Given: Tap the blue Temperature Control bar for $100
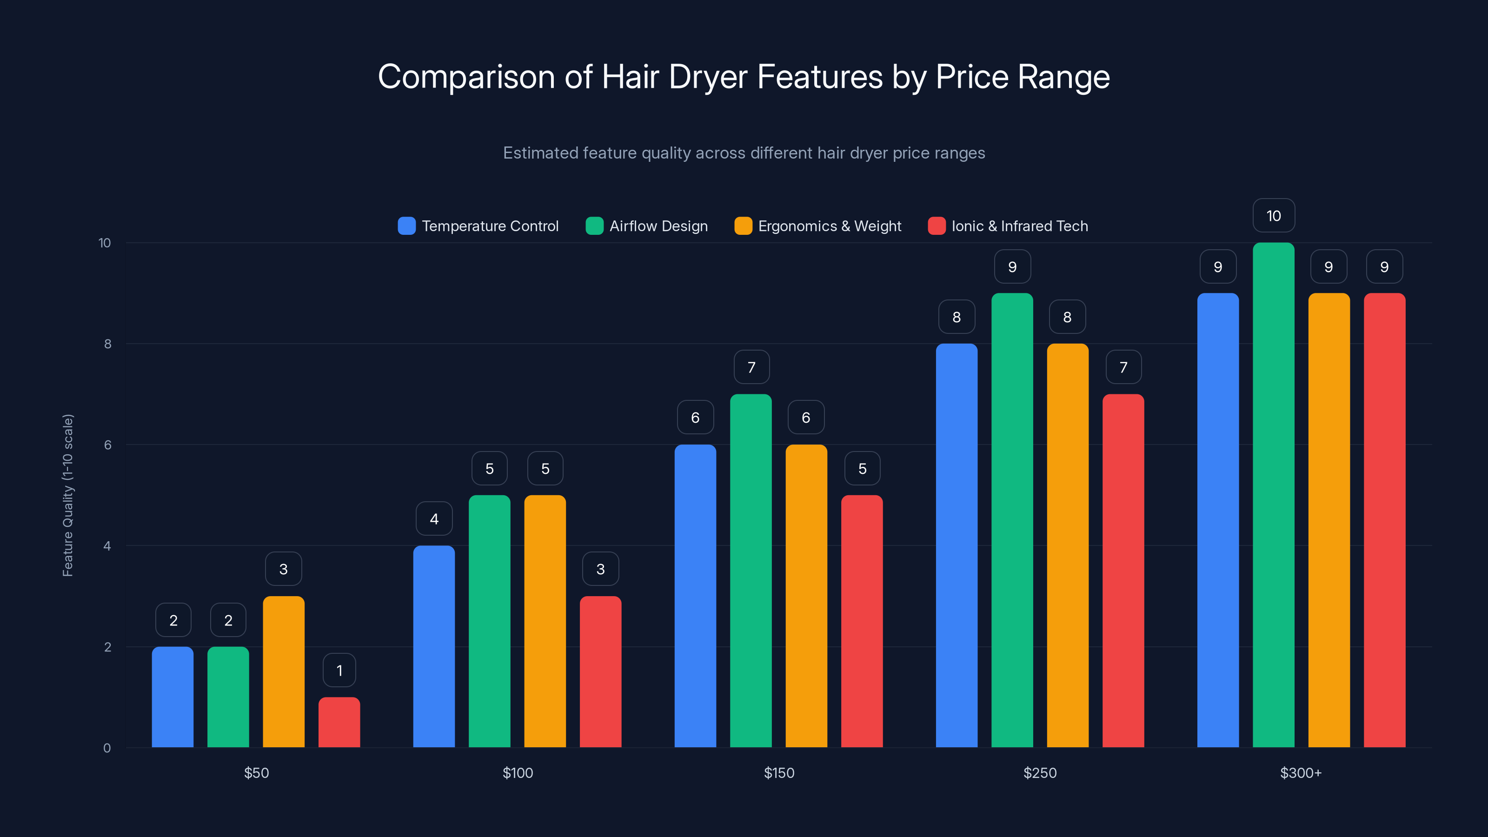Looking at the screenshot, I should (x=434, y=646).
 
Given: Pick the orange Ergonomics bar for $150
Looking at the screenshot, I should (x=806, y=596).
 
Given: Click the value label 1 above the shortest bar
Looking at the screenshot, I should (x=339, y=670).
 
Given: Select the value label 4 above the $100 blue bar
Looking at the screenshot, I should (x=434, y=519).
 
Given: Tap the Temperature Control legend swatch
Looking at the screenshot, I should (x=407, y=226).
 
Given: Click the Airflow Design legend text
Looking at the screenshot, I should (x=658, y=226).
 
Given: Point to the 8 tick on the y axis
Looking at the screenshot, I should (x=107, y=344).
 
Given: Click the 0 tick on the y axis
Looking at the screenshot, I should (x=107, y=748).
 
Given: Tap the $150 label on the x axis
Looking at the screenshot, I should (x=779, y=773).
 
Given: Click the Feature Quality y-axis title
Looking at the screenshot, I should (x=67, y=495).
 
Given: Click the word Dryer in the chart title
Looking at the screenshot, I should (x=708, y=77).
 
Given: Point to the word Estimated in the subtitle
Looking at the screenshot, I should (x=540, y=153).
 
